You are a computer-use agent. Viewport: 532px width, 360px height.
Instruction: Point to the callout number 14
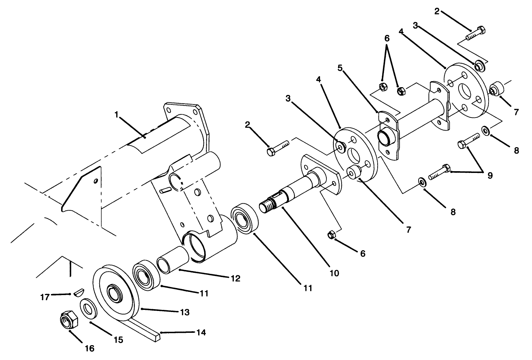(x=201, y=332)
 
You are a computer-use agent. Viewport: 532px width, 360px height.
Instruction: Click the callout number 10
(x=334, y=273)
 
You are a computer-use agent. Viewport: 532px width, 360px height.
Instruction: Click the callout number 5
(x=340, y=68)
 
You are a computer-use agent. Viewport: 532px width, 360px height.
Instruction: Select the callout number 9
(x=490, y=175)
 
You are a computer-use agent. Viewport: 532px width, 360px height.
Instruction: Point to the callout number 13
(x=184, y=312)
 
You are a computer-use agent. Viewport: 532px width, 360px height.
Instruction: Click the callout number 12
(x=235, y=278)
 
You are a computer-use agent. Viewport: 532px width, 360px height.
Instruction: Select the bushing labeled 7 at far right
(x=496, y=88)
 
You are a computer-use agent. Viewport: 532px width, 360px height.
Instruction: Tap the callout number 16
(x=90, y=348)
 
